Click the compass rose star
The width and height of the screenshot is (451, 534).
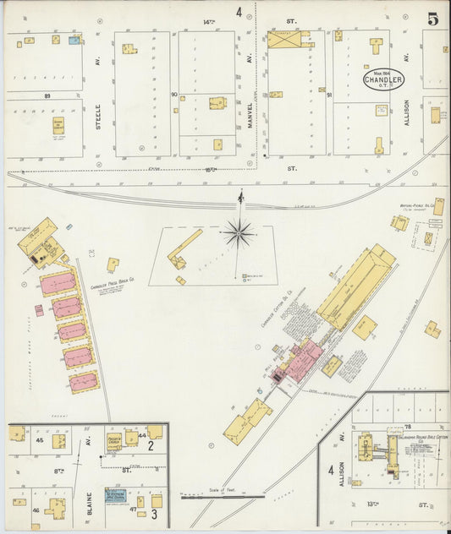(239, 232)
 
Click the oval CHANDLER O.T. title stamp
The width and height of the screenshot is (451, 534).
(383, 80)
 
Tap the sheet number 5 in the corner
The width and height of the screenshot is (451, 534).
(432, 19)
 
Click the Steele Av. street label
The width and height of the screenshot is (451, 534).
(99, 116)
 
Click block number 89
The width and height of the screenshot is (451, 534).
(47, 96)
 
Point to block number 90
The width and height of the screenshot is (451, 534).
(173, 95)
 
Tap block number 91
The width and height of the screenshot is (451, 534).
(328, 95)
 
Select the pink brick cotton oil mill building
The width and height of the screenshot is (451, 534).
(301, 358)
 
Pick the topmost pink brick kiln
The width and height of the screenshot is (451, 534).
(57, 283)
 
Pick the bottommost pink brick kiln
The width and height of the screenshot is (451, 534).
(83, 382)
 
